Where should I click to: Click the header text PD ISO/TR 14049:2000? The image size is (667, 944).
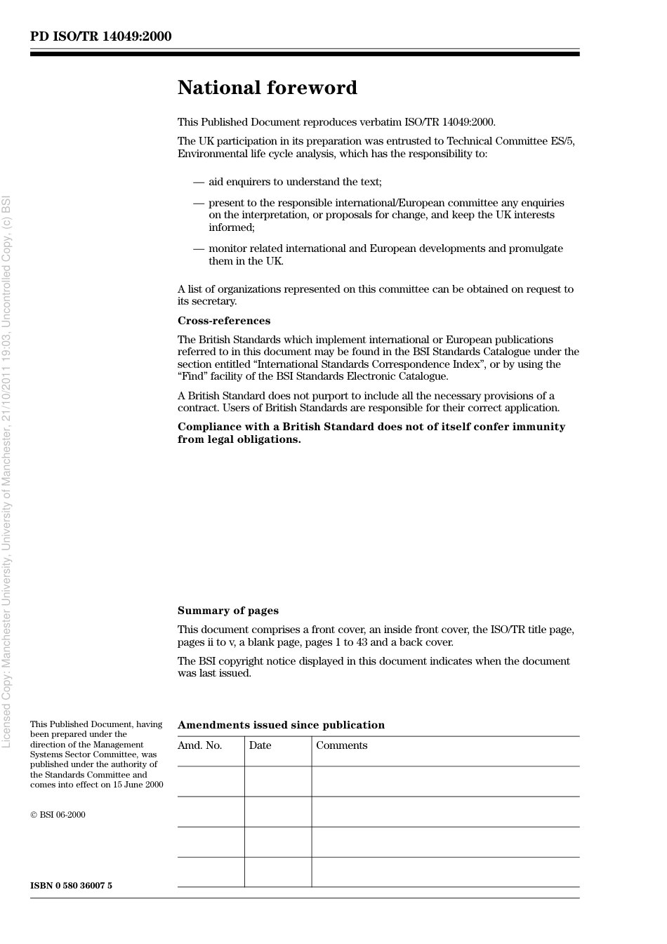pos(100,36)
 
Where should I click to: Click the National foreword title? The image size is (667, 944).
pos(267,88)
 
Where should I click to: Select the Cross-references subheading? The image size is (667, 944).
pos(223,321)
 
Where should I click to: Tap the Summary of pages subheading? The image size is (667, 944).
pos(227,611)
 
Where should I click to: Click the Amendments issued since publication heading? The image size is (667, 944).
pos(281,725)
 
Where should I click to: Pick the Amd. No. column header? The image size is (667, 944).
pos(199,745)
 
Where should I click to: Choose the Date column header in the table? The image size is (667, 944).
pos(260,745)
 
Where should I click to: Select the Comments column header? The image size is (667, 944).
pos(341,745)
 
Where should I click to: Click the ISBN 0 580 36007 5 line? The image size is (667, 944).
pos(71,886)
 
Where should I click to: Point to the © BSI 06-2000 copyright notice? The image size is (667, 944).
pos(58,815)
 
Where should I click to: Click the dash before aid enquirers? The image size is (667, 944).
pos(199,182)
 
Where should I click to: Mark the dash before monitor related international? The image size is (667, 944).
pos(199,248)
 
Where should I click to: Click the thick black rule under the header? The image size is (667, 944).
pos(305,54)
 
